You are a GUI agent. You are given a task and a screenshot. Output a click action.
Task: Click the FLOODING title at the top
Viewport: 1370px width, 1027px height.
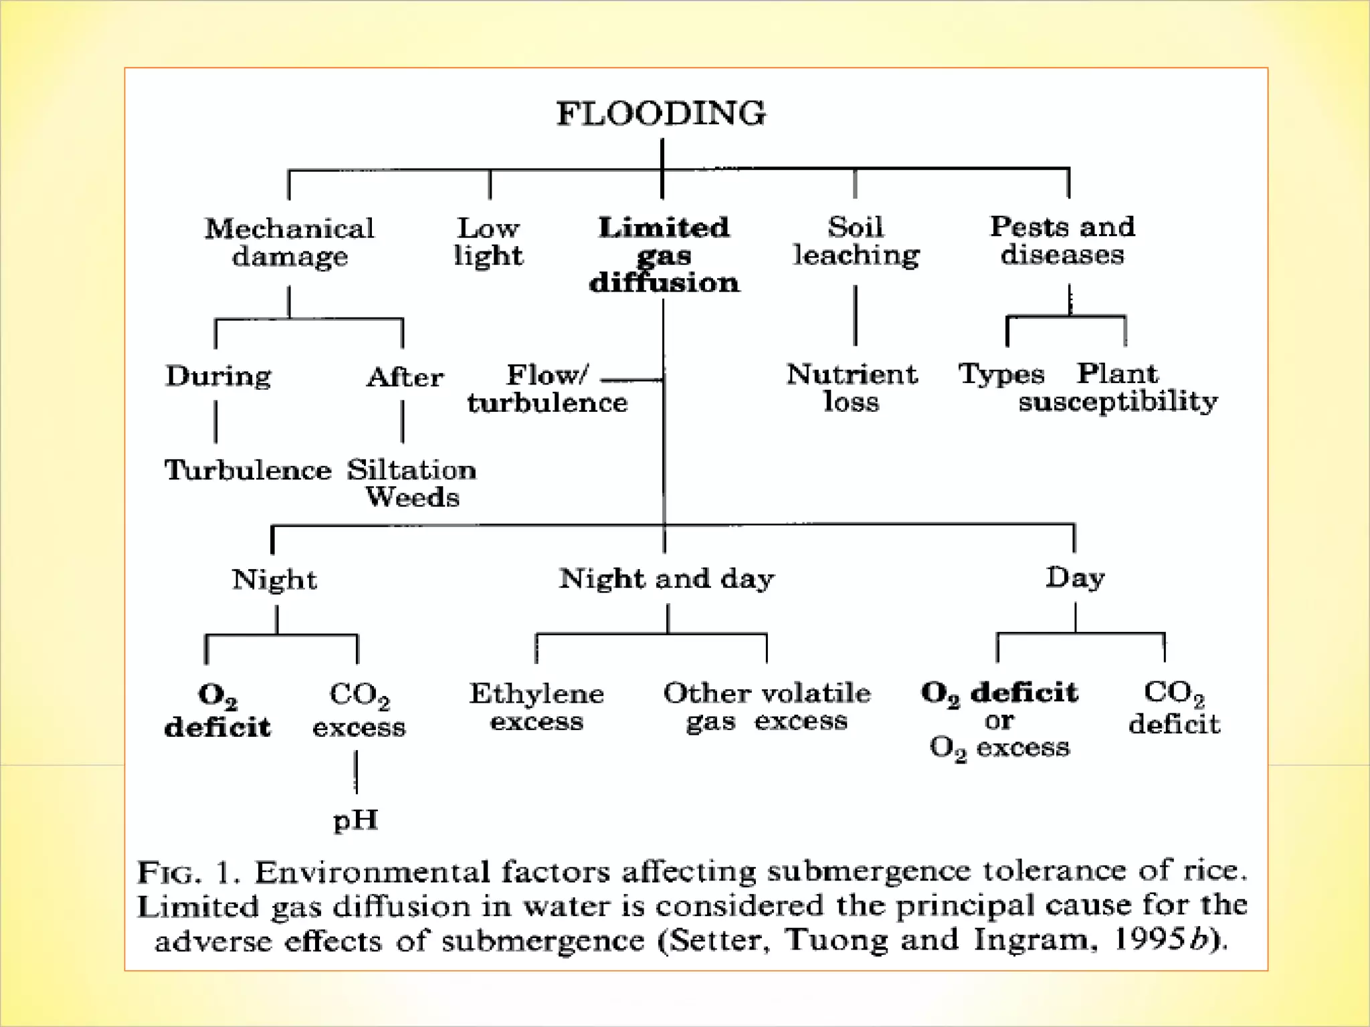pyautogui.click(x=661, y=113)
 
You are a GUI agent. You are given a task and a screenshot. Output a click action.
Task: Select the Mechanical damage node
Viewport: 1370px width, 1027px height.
pyautogui.click(x=290, y=242)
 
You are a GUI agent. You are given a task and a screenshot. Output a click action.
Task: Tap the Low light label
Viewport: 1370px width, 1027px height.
pyautogui.click(x=488, y=241)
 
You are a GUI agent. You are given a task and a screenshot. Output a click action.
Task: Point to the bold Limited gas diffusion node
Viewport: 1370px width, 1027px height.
pyautogui.click(x=664, y=255)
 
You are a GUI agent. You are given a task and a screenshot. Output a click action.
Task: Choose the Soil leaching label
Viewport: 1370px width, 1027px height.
pyautogui.click(x=856, y=241)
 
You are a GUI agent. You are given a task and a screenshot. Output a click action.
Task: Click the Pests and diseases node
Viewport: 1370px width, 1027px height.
pyautogui.click(x=1062, y=240)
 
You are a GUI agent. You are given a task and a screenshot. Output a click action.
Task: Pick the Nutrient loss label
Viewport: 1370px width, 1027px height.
pyautogui.click(x=852, y=388)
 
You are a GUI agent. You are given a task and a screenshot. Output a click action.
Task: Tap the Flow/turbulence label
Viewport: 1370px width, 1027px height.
pyautogui.click(x=547, y=388)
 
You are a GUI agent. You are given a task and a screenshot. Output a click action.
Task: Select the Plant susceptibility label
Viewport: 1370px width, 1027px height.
pyautogui.click(x=1118, y=388)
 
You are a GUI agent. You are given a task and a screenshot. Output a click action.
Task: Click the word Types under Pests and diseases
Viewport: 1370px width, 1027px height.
pyautogui.click(x=1001, y=374)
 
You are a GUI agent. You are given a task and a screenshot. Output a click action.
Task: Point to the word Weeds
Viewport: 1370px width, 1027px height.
pyautogui.click(x=413, y=497)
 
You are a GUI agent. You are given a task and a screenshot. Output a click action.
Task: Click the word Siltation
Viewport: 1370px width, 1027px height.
pyautogui.click(x=411, y=470)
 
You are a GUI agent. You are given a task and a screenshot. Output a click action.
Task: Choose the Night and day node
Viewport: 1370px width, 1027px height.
pyautogui.click(x=666, y=578)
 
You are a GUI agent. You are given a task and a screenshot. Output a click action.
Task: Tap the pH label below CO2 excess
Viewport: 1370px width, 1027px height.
pyautogui.click(x=356, y=820)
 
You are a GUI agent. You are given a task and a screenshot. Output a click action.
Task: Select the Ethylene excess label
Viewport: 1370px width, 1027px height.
pyautogui.click(x=536, y=707)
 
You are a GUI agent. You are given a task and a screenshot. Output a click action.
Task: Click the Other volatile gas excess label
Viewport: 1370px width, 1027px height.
pyautogui.click(x=767, y=707)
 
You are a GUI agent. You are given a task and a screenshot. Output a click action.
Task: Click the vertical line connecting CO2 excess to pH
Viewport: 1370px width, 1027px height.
pyautogui.click(x=356, y=772)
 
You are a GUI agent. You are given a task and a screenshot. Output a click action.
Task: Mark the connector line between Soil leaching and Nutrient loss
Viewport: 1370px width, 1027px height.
pyautogui.click(x=856, y=315)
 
